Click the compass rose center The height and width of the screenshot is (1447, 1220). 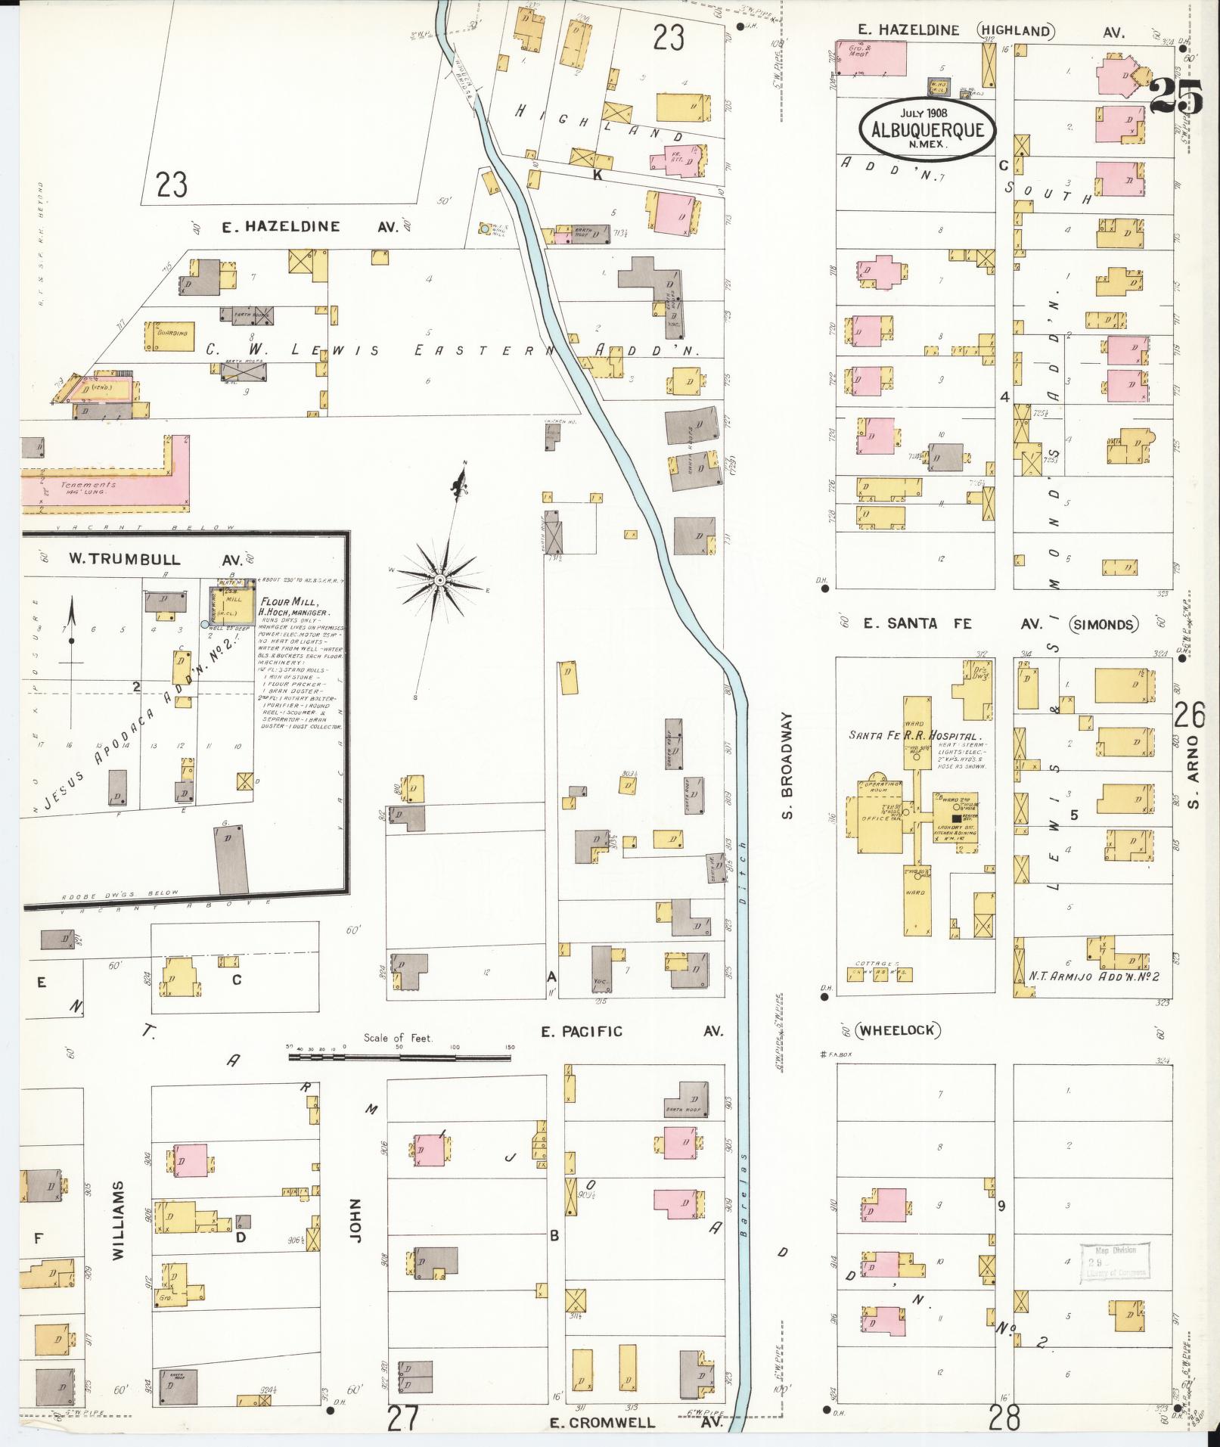439,580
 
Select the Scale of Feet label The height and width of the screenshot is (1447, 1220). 398,1038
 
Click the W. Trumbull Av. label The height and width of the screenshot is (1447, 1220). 155,560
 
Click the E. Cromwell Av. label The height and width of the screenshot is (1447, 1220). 635,1423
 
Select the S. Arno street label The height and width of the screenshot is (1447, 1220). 1194,778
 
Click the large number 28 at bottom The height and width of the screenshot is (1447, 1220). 1004,1414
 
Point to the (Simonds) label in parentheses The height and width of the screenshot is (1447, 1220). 1104,624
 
